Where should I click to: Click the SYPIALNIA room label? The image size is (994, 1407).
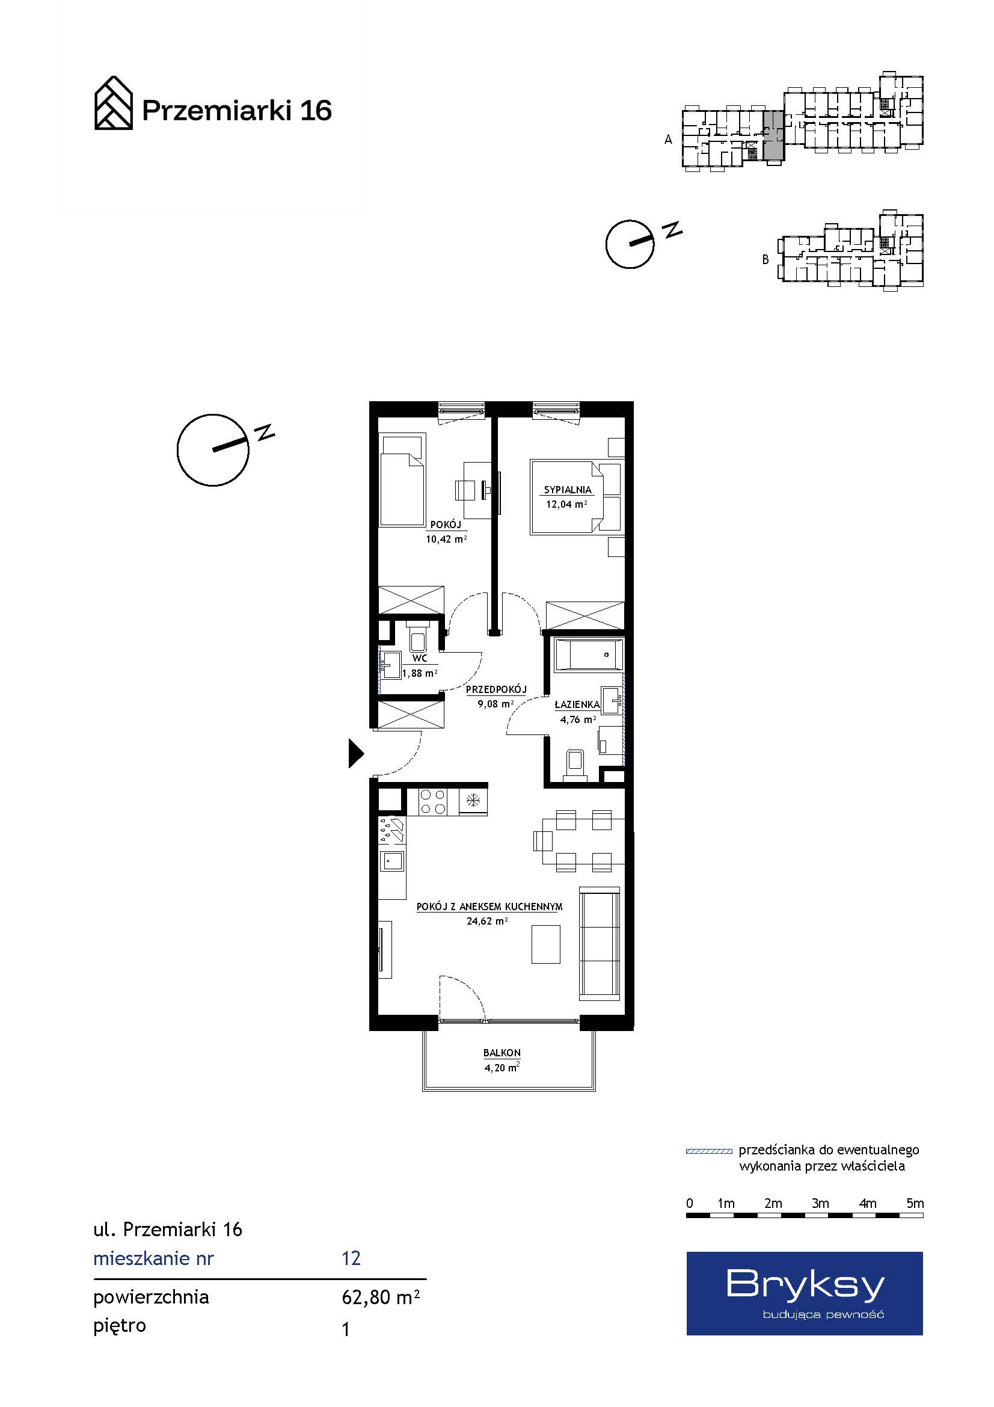(x=567, y=490)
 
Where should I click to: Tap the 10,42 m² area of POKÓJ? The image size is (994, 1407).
(x=446, y=539)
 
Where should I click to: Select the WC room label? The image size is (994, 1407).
(x=420, y=658)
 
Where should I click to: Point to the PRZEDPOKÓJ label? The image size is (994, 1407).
(x=496, y=689)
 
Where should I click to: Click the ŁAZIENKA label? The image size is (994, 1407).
(x=577, y=705)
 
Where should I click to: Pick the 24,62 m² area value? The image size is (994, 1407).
(x=488, y=921)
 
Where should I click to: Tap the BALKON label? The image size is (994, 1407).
(x=502, y=1053)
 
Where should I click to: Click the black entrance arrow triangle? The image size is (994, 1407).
(x=356, y=753)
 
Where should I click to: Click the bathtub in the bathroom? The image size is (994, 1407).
(x=588, y=654)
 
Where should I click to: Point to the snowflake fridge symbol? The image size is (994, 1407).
(x=473, y=799)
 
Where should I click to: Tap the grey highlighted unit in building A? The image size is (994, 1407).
(x=773, y=135)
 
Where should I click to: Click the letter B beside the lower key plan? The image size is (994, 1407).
(x=765, y=259)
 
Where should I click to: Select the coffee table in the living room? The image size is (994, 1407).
(x=545, y=944)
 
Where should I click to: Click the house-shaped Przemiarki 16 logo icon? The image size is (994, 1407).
(x=113, y=103)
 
